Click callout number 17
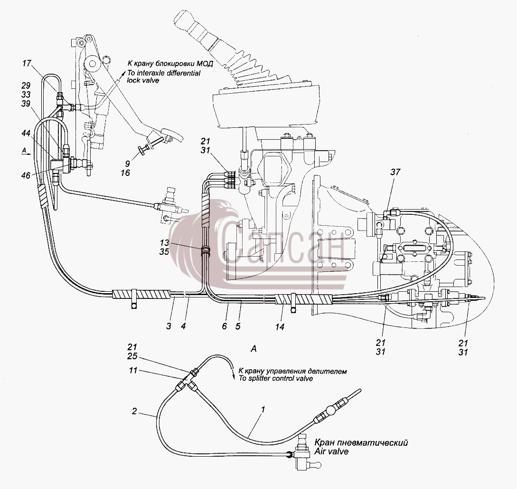[x=27, y=63]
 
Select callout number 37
[x=395, y=172]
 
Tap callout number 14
[x=280, y=326]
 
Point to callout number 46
[x=26, y=175]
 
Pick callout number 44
[x=26, y=133]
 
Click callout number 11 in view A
[x=133, y=370]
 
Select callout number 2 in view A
[x=134, y=411]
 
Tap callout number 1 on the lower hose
[x=263, y=410]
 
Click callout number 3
[x=169, y=326]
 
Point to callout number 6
[x=225, y=326]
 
